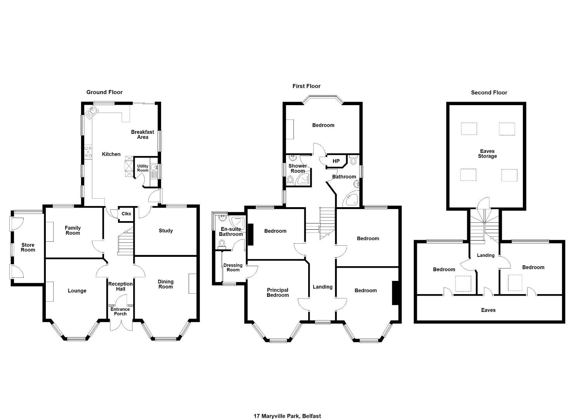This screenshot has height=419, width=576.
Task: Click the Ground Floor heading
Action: click(104, 92)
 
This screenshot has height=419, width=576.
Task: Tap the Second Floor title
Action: click(489, 93)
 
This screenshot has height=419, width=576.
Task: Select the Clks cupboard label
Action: click(126, 214)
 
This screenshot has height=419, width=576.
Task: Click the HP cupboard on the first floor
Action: click(336, 161)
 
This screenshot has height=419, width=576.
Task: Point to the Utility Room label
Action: click(143, 168)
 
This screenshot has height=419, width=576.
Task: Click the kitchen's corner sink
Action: click(92, 113)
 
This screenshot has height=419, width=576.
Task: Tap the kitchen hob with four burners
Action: click(88, 152)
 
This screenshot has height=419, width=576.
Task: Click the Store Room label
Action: click(28, 247)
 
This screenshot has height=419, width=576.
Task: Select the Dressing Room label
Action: click(233, 267)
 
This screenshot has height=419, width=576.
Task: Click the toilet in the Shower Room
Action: click(290, 179)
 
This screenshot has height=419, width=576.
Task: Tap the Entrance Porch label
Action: click(120, 311)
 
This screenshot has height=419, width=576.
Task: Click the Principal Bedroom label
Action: click(278, 293)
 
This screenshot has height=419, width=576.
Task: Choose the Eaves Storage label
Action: click(487, 154)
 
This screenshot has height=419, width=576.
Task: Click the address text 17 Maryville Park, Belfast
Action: click(287, 409)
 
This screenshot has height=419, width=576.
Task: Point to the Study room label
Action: click(166, 230)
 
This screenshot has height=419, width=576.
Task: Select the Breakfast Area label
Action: click(142, 135)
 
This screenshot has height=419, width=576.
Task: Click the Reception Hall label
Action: click(120, 286)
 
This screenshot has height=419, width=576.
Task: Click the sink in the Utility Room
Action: click(154, 168)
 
